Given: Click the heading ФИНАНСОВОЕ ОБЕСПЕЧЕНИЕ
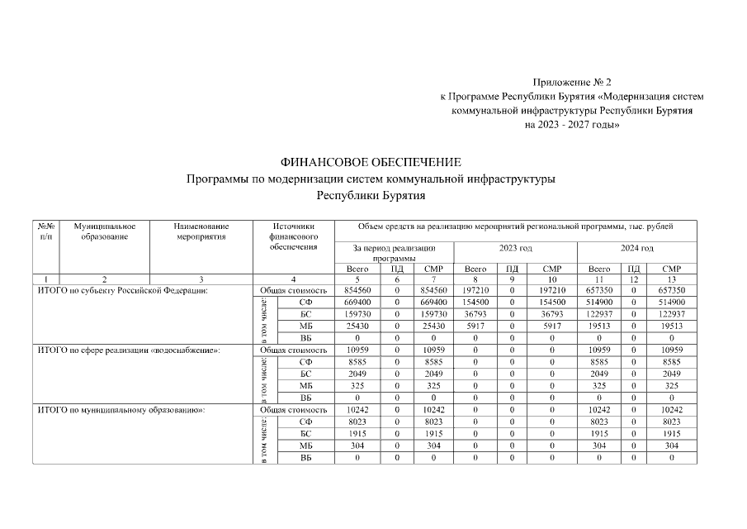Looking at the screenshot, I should pos(371,162).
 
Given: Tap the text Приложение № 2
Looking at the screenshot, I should pos(573,83).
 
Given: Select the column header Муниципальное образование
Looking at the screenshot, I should pos(104,231).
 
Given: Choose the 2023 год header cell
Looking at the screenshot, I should pos(515,247).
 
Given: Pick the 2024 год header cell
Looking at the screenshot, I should pos(636,247).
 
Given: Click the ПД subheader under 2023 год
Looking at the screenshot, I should pos(512,269).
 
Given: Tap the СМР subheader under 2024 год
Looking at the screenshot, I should pos(672,269).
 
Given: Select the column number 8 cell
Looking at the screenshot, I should pos(475,279).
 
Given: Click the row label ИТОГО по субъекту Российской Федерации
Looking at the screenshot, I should pos(123,291).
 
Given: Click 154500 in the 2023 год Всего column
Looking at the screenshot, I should pos(475,303).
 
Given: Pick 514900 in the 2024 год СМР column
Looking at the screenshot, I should pos(672,303).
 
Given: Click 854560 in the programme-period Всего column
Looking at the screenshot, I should pos(351,291).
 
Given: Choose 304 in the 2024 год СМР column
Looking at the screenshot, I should pos(672,445).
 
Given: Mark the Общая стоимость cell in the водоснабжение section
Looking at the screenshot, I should pos(294,350).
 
